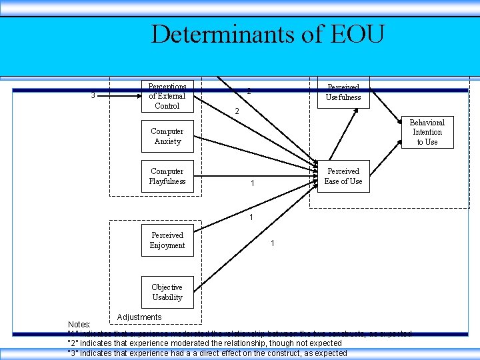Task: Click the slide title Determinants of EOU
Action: [267, 34]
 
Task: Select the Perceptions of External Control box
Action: [167, 97]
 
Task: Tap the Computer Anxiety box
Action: [167, 137]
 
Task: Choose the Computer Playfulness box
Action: [167, 177]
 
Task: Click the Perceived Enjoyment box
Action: [167, 240]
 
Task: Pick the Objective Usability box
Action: [167, 292]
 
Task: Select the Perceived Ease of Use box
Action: [343, 176]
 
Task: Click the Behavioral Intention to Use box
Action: [427, 132]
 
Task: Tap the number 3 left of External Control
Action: [93, 95]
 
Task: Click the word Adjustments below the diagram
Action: [139, 317]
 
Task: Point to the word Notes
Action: [80, 324]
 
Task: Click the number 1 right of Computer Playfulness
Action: [251, 183]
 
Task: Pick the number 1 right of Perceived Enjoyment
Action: [273, 243]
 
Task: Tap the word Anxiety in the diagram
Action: [167, 141]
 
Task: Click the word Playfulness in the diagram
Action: [167, 181]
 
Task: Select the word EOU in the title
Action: [356, 34]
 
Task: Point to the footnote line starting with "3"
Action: [207, 353]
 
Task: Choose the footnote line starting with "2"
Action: [205, 343]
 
